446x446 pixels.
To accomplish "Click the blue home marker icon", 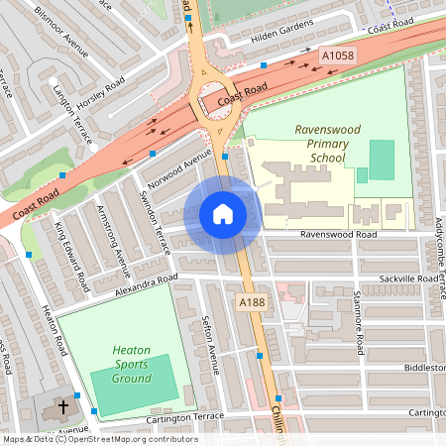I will coord(223,214).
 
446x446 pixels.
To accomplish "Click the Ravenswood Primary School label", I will coord(322,144).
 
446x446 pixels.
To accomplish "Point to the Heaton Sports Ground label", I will coord(132,364).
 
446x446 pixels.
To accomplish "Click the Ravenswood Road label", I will coord(339,236).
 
